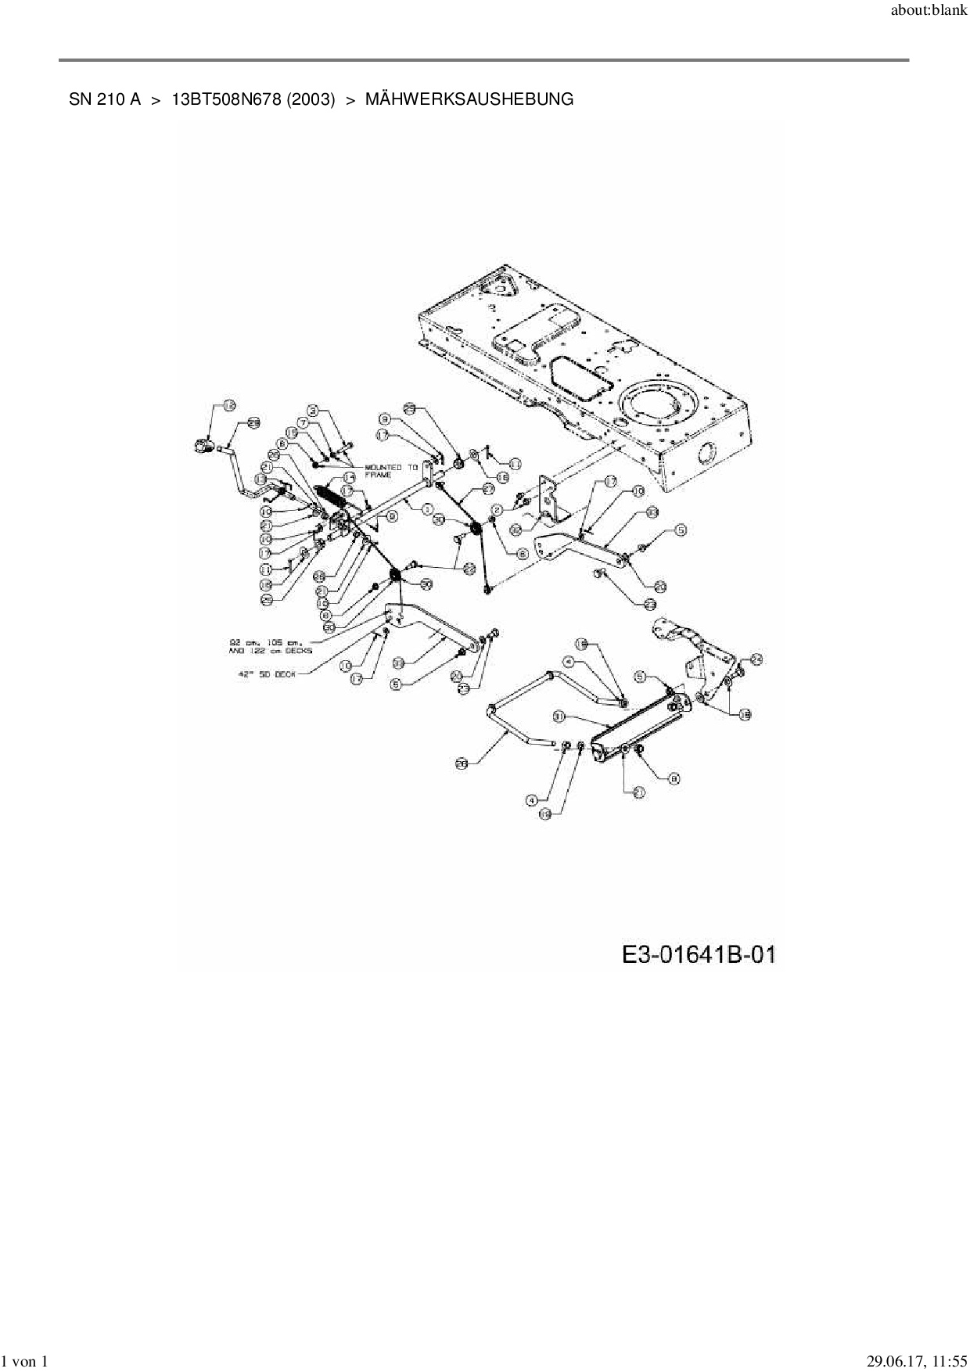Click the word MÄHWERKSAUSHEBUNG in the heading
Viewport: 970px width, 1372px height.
469,100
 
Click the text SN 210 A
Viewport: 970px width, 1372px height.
105,100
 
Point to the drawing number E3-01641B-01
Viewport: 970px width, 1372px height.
699,955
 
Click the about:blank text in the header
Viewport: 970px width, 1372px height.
929,12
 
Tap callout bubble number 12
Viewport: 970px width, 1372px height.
516,530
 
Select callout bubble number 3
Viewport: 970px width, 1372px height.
313,409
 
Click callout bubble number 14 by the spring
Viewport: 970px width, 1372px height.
349,476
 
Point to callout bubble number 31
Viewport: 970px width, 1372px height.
559,716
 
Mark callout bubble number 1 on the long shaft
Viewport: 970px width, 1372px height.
428,509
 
